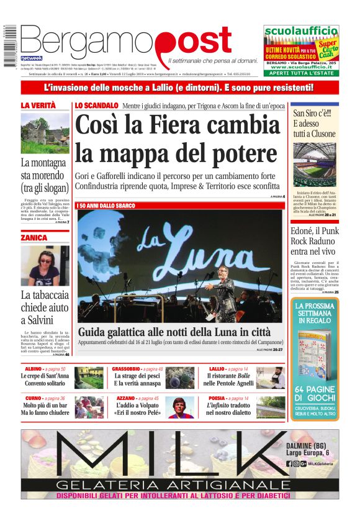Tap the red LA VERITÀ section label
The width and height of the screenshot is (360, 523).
pos(38,106)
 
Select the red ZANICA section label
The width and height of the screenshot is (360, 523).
pos(34,238)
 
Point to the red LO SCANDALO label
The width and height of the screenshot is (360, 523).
pos(96,106)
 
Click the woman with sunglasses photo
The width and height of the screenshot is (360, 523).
pos(45,265)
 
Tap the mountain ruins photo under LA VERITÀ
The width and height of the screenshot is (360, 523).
pos(45,134)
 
